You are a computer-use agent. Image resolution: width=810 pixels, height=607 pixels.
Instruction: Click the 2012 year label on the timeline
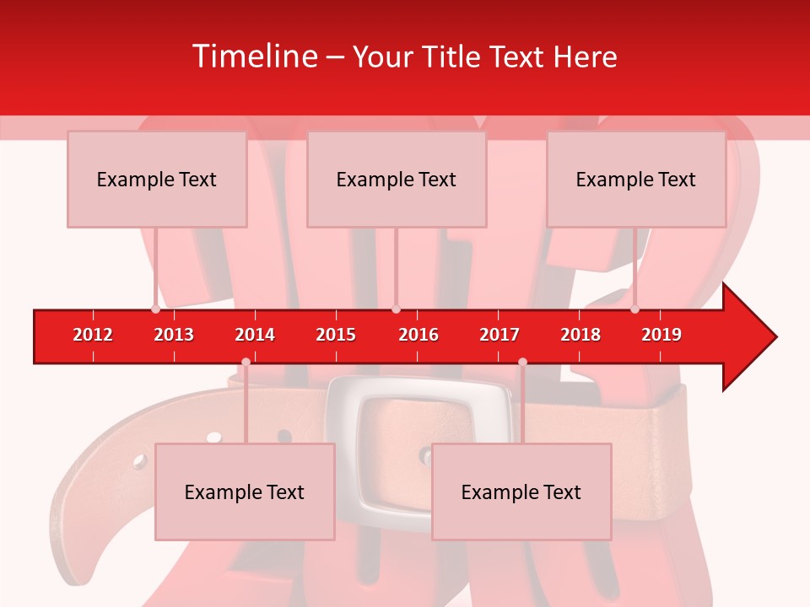pos(93,335)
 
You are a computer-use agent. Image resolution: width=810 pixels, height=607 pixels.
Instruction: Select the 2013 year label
pos(174,335)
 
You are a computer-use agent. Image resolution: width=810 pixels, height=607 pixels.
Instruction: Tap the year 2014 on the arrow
pos(255,335)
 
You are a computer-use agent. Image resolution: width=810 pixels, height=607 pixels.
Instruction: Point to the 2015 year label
pos(336,335)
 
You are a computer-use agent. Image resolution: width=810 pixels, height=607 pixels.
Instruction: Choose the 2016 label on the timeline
pos(418,335)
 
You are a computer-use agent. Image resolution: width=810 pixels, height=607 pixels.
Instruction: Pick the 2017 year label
pos(499,335)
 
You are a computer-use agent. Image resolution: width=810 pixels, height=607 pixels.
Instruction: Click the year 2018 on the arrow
pos(580,335)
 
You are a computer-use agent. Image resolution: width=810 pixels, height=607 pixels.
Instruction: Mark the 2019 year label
pos(661,335)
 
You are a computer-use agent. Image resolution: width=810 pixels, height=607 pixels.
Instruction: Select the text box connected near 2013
pos(157,179)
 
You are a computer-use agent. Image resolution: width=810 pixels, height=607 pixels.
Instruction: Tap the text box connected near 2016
pos(397,179)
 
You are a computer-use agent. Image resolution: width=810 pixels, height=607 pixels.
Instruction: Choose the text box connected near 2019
pos(636,179)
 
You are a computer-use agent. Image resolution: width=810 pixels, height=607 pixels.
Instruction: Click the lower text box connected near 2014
pos(245,492)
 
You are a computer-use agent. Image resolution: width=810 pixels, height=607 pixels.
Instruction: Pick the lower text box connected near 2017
pos(521,492)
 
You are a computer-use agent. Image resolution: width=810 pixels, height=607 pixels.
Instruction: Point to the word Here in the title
pos(585,56)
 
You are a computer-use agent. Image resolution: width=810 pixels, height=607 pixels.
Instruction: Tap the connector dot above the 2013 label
pos(155,309)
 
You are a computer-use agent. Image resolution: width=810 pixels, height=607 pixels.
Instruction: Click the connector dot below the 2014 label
pos(246,363)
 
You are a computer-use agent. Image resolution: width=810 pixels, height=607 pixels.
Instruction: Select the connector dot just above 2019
pos(634,309)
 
